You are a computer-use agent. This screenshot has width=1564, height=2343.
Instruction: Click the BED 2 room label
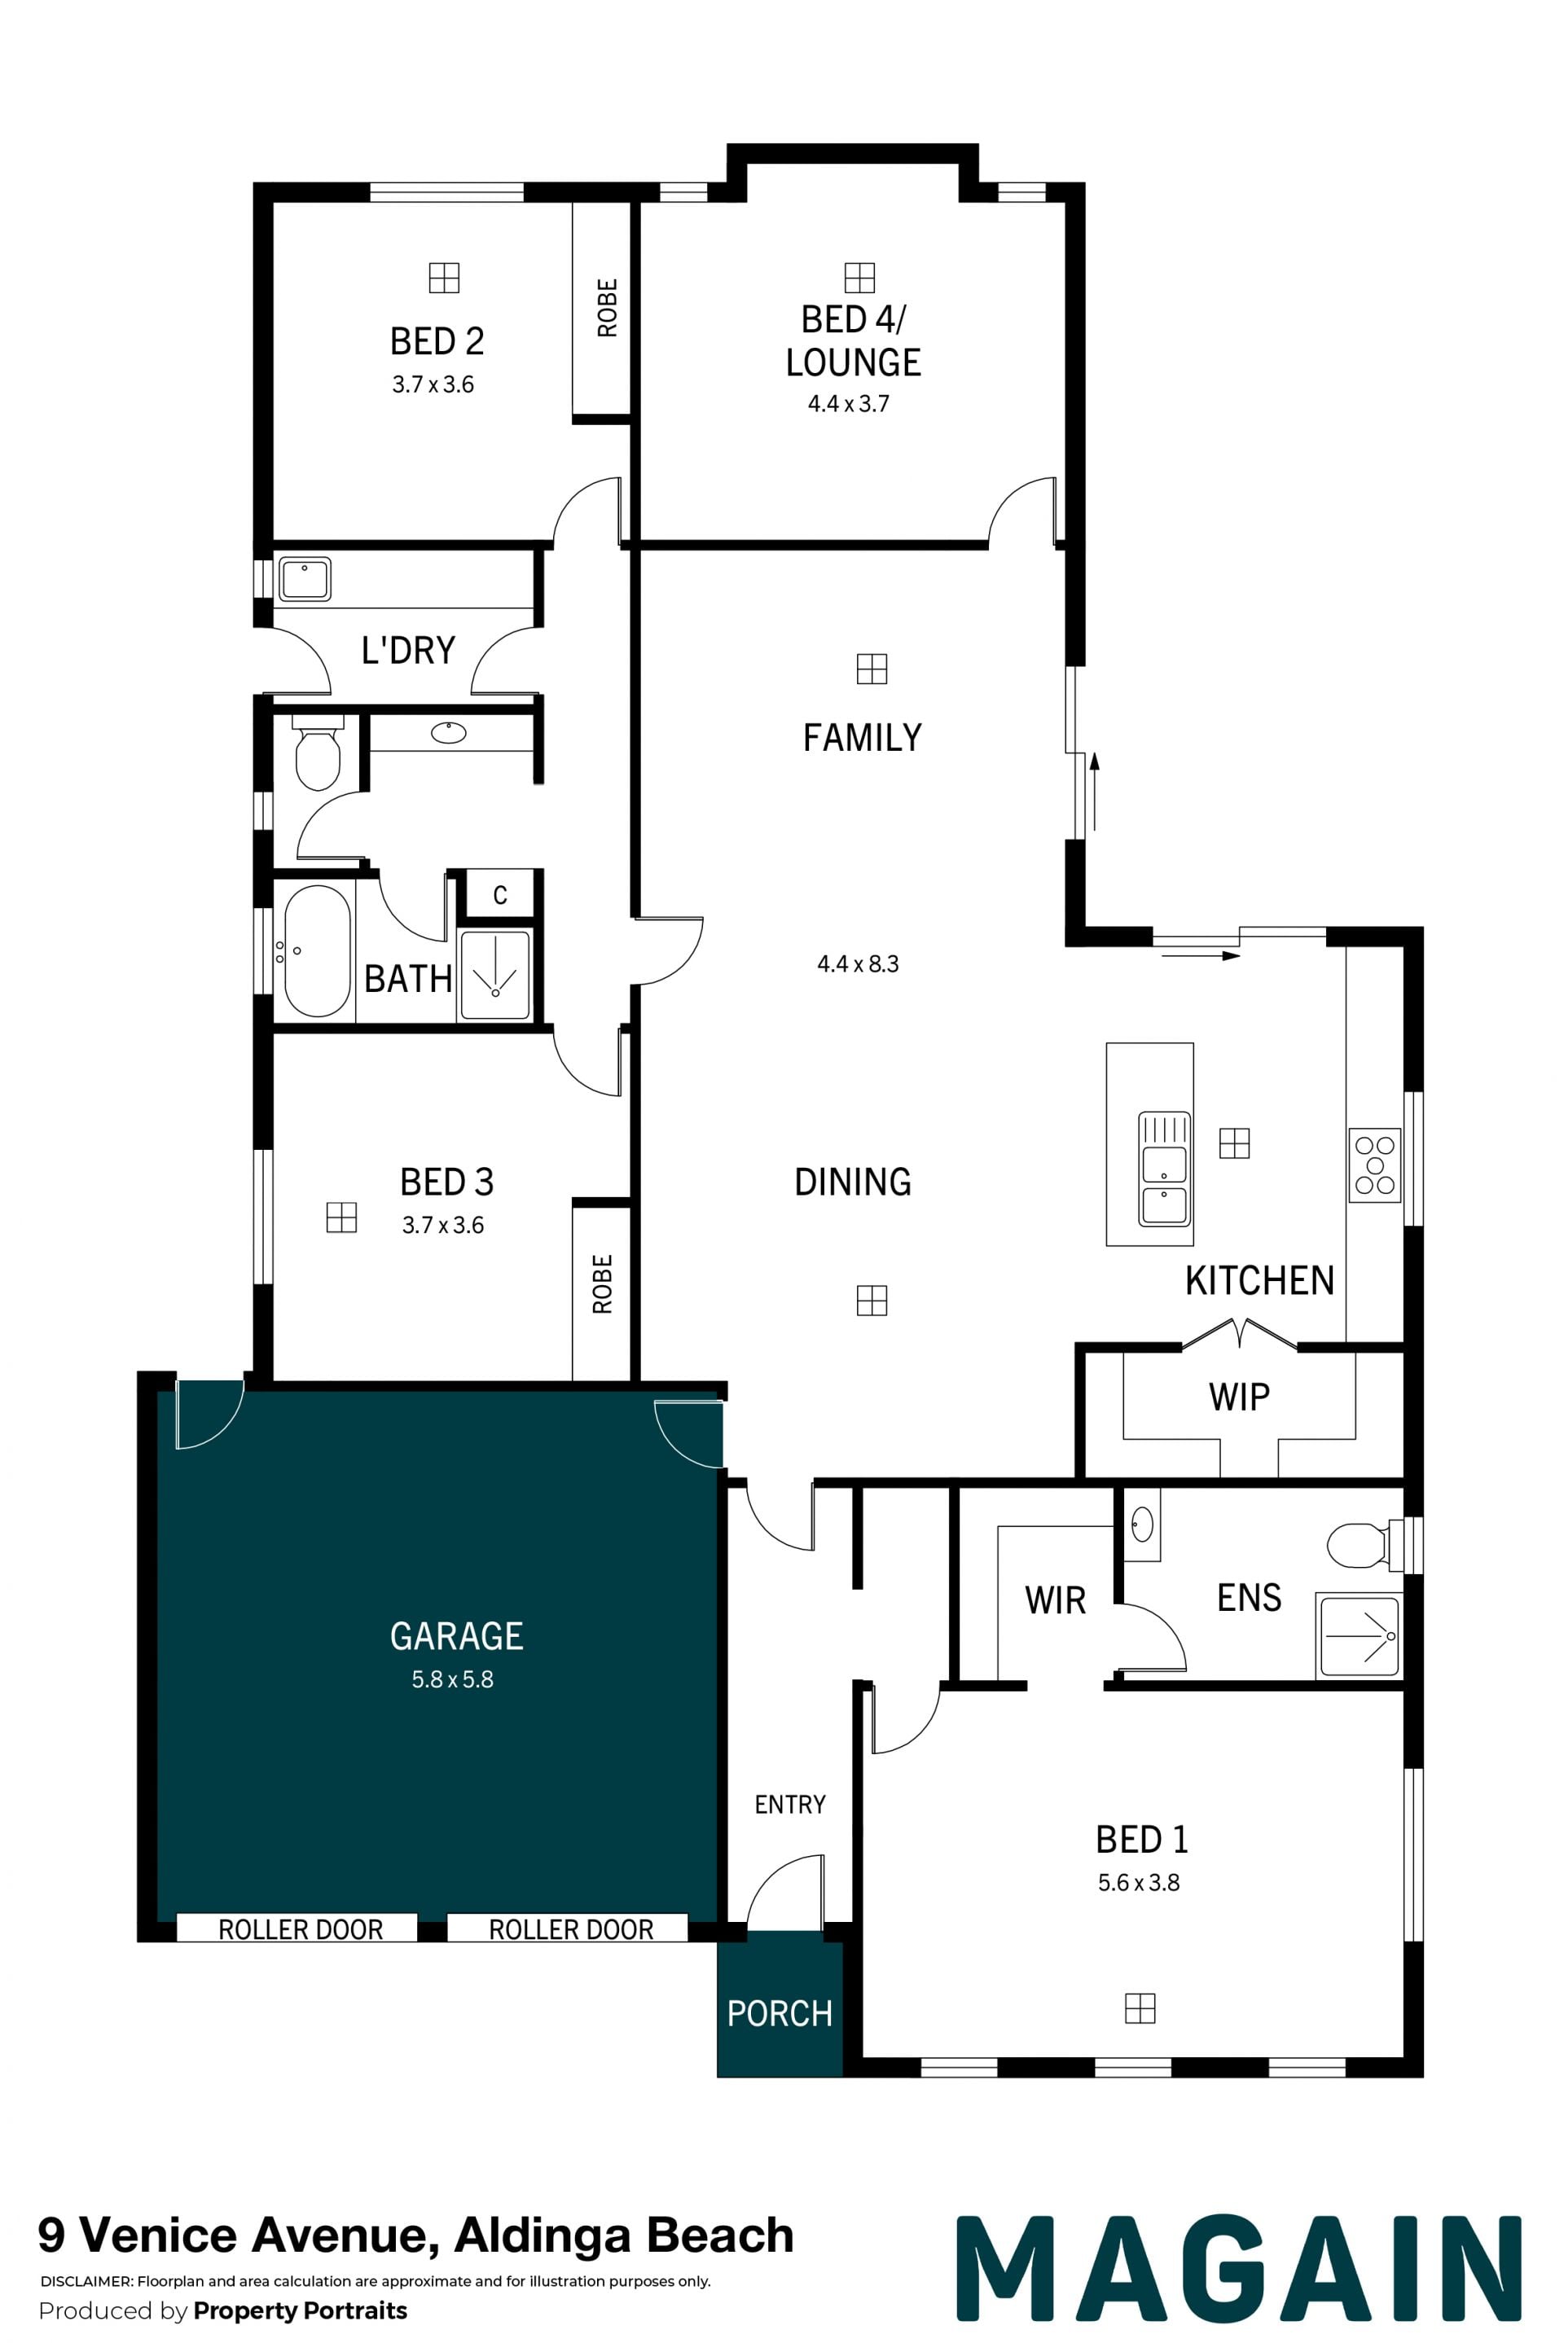point(437,341)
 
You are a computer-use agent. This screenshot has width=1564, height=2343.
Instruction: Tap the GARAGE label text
point(457,1636)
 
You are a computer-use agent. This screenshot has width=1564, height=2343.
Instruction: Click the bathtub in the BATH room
point(317,951)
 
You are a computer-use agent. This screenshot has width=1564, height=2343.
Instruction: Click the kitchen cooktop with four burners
point(1374,1165)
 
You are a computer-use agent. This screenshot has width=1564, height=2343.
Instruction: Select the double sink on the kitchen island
point(1164,1169)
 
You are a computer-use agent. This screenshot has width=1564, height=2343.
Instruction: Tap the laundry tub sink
point(304,578)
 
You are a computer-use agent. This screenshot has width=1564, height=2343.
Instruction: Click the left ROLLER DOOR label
point(301,1929)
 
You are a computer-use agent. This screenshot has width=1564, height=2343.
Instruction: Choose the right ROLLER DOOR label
point(570,1929)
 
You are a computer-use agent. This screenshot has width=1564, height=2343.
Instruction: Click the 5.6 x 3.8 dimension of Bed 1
point(1138,1882)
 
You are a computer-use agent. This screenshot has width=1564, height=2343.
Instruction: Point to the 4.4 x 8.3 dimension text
point(858,964)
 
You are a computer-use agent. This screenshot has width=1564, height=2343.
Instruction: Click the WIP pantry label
point(1239,1397)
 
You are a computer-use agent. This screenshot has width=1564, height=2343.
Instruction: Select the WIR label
point(1054,1601)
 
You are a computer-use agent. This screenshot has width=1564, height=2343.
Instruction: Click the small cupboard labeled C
point(499,895)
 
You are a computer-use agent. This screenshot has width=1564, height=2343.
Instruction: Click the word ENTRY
point(790,1805)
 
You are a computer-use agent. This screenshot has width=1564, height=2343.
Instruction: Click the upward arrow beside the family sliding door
point(1094,792)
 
